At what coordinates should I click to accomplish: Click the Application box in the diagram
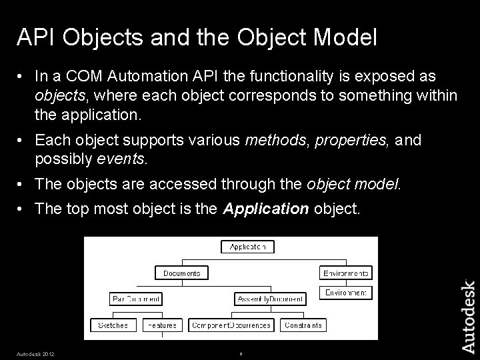(247, 247)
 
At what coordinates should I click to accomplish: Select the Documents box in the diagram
(181, 273)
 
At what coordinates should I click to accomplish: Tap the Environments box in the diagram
(346, 273)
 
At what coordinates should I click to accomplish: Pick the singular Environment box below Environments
(346, 293)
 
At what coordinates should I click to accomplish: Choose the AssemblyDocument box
(269, 298)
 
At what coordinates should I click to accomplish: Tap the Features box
(160, 325)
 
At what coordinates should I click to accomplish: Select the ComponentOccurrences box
(231, 325)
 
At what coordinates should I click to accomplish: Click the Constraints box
(303, 325)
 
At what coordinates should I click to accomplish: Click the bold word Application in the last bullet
(266, 209)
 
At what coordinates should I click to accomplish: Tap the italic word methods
(274, 140)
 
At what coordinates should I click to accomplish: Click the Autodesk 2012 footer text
(36, 353)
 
